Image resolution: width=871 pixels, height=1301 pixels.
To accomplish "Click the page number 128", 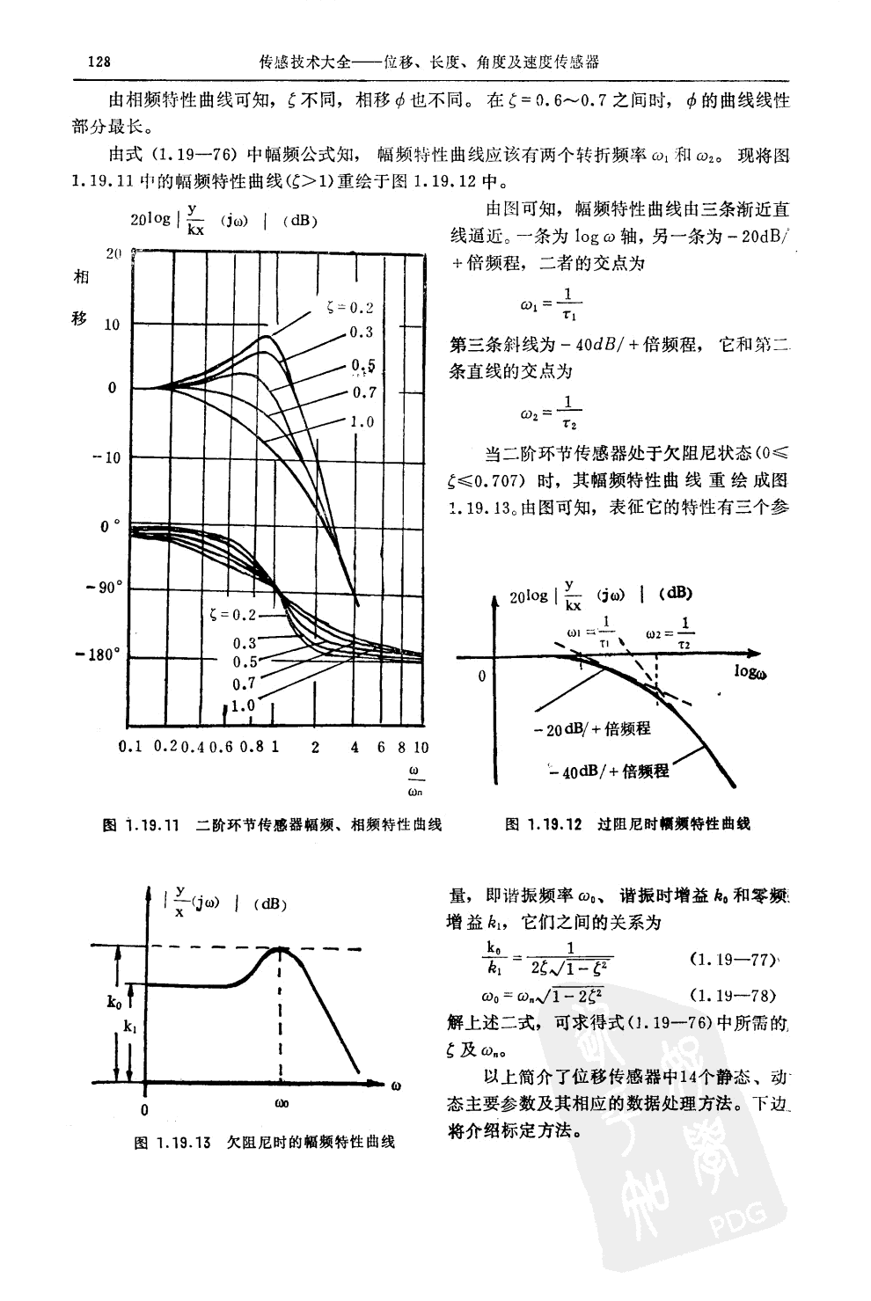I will click(98, 63).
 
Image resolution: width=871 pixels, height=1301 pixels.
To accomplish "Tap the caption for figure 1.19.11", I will click(272, 825).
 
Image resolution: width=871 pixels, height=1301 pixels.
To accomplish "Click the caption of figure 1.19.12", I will click(627, 825).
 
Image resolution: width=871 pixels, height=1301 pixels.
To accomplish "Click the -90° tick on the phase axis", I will click(106, 588).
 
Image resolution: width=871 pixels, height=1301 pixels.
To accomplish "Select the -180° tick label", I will click(101, 656).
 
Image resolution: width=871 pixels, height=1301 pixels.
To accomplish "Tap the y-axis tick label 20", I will click(113, 254).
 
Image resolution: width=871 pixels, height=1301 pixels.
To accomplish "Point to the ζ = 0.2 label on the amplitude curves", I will click(348, 308).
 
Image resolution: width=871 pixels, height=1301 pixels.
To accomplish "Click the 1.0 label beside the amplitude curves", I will click(361, 422).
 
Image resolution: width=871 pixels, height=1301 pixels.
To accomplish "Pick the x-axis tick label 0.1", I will click(129, 748).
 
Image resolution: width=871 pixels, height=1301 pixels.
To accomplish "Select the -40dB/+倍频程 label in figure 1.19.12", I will click(612, 772).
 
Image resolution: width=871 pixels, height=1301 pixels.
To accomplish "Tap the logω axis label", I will click(750, 673).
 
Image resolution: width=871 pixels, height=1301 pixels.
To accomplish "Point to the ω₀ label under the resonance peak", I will click(281, 1103).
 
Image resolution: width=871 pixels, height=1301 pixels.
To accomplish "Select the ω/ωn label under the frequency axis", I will click(415, 781).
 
